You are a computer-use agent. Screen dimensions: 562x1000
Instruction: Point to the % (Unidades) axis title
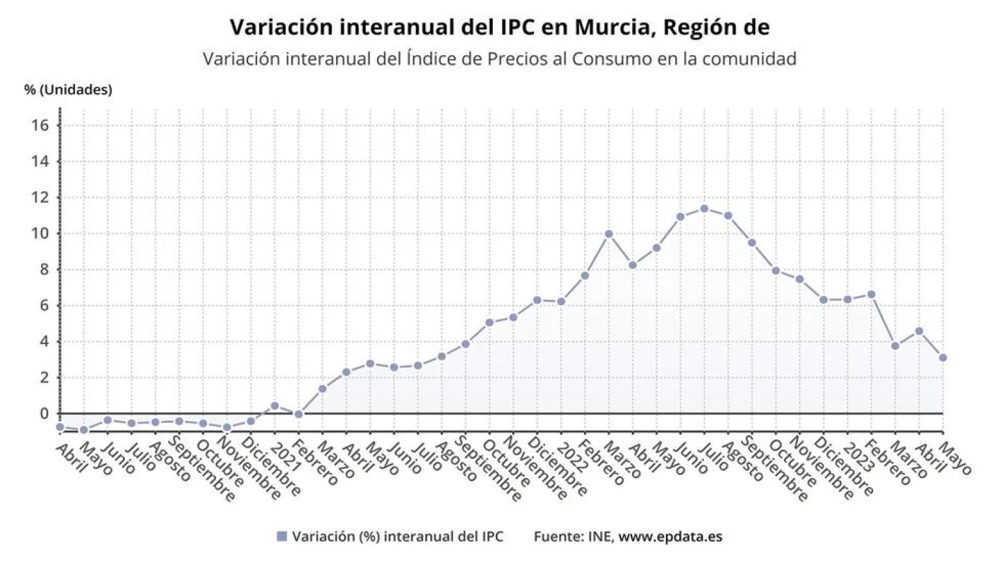[68, 90]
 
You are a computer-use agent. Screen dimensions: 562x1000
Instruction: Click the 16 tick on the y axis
[40, 125]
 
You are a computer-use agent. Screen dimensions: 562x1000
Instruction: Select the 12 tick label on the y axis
[40, 197]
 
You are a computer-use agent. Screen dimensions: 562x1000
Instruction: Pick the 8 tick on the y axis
[44, 269]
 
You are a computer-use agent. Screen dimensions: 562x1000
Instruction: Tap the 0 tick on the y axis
[44, 414]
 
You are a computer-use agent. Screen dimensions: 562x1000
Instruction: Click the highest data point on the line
[704, 209]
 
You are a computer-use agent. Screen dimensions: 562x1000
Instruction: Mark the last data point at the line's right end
[943, 358]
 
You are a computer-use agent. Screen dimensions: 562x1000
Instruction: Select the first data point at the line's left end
[60, 427]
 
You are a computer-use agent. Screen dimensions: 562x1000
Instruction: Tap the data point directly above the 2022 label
[561, 302]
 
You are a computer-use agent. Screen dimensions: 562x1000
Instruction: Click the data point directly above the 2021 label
[275, 406]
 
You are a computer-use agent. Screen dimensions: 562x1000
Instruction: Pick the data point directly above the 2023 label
[848, 300]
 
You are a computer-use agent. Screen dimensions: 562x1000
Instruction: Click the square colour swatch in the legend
[282, 537]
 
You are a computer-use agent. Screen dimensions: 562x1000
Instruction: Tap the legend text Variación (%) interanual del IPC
[397, 537]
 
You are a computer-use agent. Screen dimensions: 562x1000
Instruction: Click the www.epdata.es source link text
[670, 537]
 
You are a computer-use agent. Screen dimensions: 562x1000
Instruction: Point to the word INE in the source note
[599, 537]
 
